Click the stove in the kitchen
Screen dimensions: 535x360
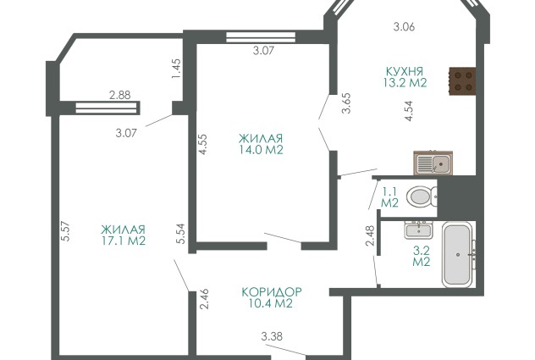[x=462, y=81]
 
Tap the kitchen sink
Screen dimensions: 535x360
[x=433, y=163]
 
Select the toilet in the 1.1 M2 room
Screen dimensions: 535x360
[x=422, y=197]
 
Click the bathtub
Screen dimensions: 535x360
[x=458, y=254]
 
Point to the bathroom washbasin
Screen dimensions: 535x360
[x=419, y=230]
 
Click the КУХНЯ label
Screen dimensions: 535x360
[x=405, y=71]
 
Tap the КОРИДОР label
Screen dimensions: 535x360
[x=272, y=292]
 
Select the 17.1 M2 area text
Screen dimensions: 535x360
[x=124, y=241]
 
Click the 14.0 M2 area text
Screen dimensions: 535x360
[x=261, y=150]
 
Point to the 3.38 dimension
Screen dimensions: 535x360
[x=272, y=336]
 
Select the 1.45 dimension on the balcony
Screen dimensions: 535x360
[x=176, y=69]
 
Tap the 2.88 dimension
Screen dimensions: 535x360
[x=119, y=95]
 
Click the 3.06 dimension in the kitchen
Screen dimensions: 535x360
[x=404, y=26]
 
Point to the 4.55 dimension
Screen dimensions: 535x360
[x=203, y=144]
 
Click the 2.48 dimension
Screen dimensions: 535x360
[x=370, y=235]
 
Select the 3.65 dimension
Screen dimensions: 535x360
[x=347, y=103]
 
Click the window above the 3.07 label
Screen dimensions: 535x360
[x=261, y=37]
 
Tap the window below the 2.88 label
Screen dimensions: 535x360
[x=107, y=108]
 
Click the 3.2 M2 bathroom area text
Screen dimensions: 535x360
[x=422, y=256]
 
